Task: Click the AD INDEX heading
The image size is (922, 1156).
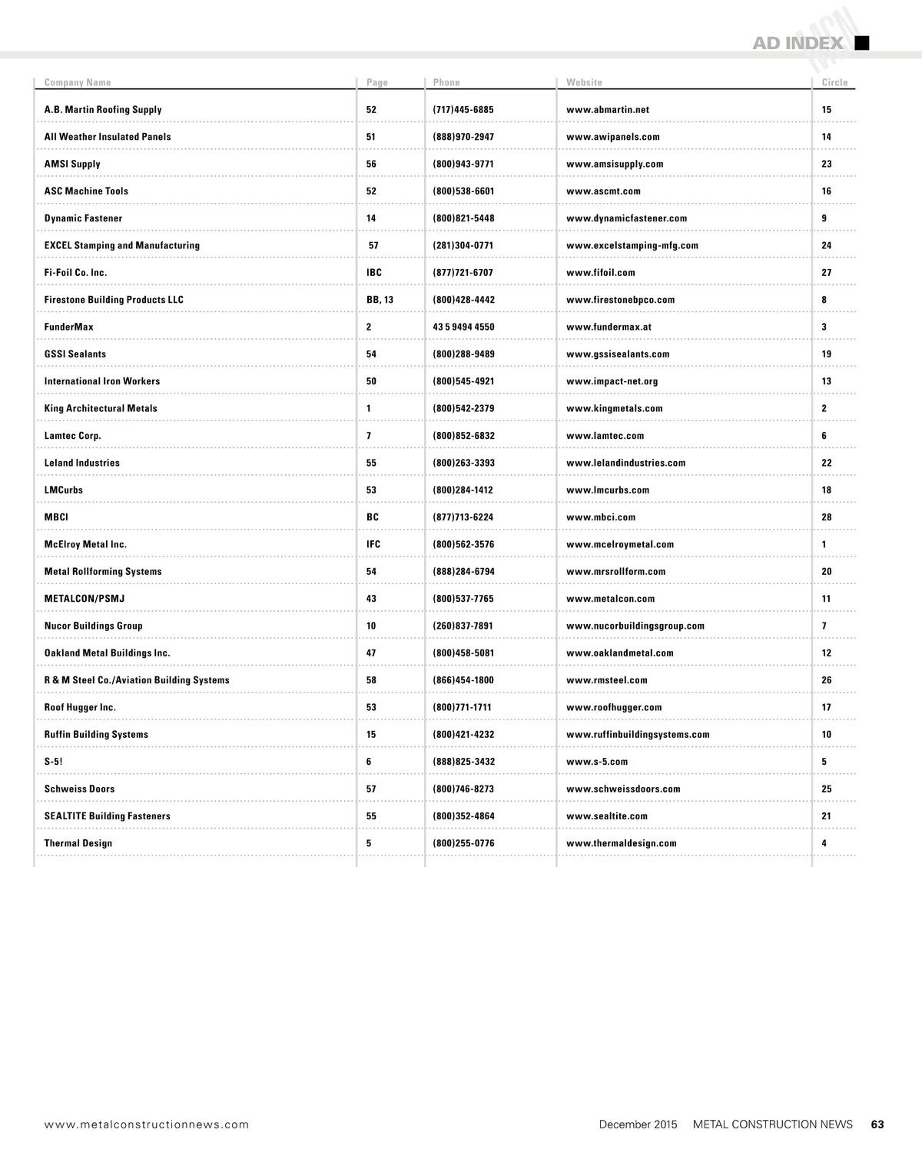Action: pyautogui.click(x=797, y=43)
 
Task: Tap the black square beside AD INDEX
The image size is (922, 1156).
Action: pyautogui.click(x=862, y=43)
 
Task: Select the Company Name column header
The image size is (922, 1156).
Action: pyautogui.click(x=78, y=82)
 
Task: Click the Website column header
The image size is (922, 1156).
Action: pyautogui.click(x=584, y=82)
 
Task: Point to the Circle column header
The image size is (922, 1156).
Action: pyautogui.click(x=834, y=82)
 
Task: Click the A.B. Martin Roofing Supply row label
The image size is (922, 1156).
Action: pyautogui.click(x=103, y=110)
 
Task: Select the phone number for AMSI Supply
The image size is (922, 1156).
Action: pyautogui.click(x=463, y=164)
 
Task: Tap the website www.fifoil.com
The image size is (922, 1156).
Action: pyautogui.click(x=601, y=273)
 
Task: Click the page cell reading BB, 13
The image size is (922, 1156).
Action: pyautogui.click(x=380, y=300)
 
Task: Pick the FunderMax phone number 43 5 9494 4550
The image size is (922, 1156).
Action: pyautogui.click(x=463, y=327)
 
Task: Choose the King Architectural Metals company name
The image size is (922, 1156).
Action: pyautogui.click(x=101, y=408)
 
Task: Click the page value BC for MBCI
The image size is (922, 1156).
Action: pyautogui.click(x=373, y=517)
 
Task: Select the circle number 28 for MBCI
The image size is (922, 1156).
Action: pyautogui.click(x=827, y=517)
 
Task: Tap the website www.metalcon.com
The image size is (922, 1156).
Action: pyautogui.click(x=611, y=599)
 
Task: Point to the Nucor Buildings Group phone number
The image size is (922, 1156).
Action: pyautogui.click(x=463, y=626)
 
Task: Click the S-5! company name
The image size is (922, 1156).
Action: pyautogui.click(x=54, y=762)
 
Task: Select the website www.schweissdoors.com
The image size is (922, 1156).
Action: pyautogui.click(x=623, y=789)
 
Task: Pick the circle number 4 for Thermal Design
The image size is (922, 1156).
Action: pyautogui.click(x=824, y=843)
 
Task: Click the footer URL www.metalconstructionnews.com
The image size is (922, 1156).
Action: pyautogui.click(x=147, y=1124)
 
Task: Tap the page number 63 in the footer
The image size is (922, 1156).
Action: pyautogui.click(x=877, y=1124)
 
